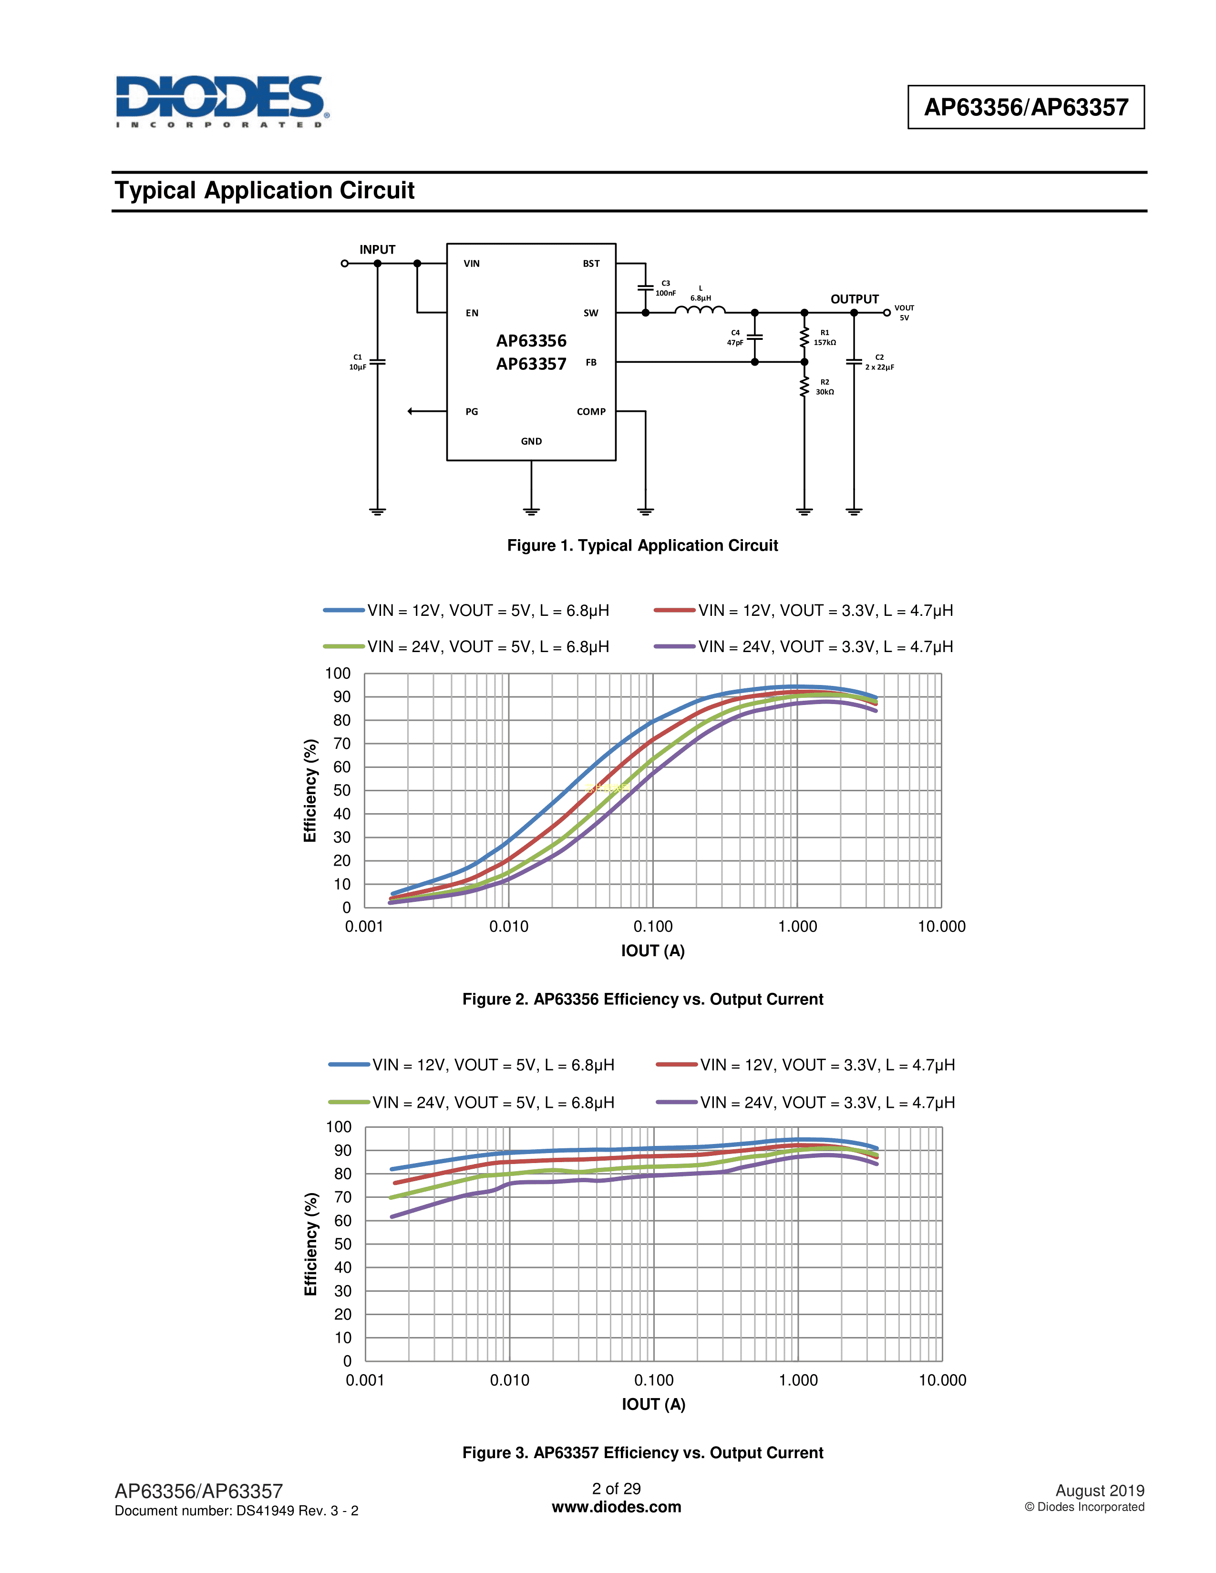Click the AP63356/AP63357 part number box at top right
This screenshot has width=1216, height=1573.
pos(1025,107)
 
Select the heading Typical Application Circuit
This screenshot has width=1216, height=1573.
pos(264,191)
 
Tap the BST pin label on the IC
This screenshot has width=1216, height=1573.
pos(591,264)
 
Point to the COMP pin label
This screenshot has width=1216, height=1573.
pos(591,412)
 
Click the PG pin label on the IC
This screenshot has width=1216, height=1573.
pos(471,412)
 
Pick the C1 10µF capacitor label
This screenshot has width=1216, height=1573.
pos(357,362)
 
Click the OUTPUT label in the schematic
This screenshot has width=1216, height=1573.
pos(855,299)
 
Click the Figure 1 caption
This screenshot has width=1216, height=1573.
pos(643,545)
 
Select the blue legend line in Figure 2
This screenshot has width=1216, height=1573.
pos(344,610)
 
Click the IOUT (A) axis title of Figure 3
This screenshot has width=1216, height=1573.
pos(653,1404)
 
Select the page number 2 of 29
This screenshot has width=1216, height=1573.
pos(616,1489)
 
